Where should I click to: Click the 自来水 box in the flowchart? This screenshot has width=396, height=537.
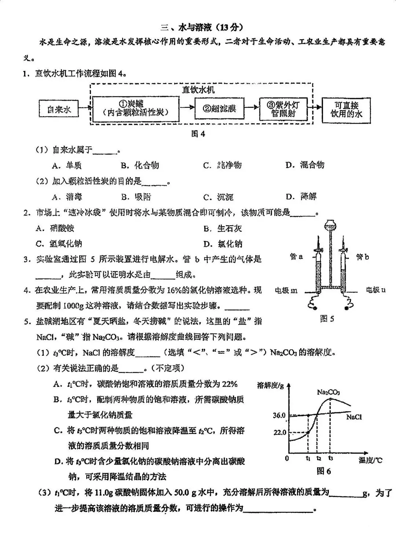click(x=59, y=109)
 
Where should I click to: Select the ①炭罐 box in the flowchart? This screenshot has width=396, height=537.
click(x=135, y=109)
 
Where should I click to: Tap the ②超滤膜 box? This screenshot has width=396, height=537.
click(x=219, y=109)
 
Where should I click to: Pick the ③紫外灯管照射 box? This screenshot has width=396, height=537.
click(x=283, y=109)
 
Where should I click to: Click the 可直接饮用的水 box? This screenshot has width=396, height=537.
click(x=346, y=110)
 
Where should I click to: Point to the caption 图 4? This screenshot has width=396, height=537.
click(x=198, y=134)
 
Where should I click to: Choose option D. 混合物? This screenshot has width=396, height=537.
click(x=305, y=165)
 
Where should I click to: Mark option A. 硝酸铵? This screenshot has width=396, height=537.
click(x=55, y=228)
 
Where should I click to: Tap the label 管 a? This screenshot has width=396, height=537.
click(x=296, y=256)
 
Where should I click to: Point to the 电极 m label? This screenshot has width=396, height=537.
click(x=286, y=291)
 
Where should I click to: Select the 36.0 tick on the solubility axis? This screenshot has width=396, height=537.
click(x=279, y=415)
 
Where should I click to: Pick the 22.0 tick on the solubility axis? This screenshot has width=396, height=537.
click(x=280, y=432)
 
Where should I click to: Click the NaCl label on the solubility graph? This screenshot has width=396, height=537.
click(x=354, y=417)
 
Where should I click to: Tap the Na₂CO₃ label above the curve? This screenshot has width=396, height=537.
click(x=328, y=392)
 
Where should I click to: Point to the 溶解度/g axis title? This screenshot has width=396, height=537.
click(x=271, y=386)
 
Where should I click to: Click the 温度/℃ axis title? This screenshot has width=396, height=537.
click(x=370, y=460)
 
